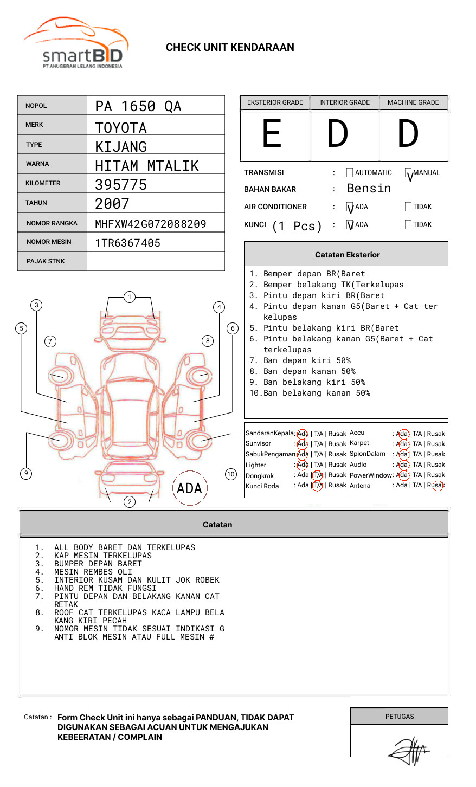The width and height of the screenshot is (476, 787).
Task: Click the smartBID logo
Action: [x=76, y=43]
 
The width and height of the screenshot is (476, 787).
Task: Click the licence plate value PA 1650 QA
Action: [x=138, y=106]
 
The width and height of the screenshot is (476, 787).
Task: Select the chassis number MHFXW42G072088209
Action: [x=150, y=224]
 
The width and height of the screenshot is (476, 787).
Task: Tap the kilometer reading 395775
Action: [x=121, y=185]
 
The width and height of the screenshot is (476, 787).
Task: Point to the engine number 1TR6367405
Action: [x=128, y=243]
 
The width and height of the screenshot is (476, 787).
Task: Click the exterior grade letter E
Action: [x=272, y=134]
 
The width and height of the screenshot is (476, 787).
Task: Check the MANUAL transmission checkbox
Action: [x=409, y=173]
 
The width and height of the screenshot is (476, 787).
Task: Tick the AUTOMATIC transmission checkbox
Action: [x=350, y=173]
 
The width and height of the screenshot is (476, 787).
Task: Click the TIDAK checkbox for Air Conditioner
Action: [x=408, y=207]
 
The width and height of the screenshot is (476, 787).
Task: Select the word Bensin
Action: [x=369, y=189]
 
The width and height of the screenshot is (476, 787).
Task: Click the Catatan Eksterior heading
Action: [x=347, y=255]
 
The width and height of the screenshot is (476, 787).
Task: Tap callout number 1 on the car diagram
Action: [x=129, y=297]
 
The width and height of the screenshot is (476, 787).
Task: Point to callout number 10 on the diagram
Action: [x=231, y=474]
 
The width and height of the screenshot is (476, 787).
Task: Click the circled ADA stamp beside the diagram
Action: [x=189, y=488]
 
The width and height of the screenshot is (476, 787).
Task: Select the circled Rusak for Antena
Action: [x=437, y=485]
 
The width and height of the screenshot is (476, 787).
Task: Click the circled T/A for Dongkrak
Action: [x=318, y=475]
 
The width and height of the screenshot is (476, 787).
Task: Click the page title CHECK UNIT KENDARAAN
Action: [x=230, y=48]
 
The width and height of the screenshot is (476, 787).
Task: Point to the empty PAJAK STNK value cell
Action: [x=156, y=261]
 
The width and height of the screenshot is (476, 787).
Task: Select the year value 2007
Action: [x=112, y=204]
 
